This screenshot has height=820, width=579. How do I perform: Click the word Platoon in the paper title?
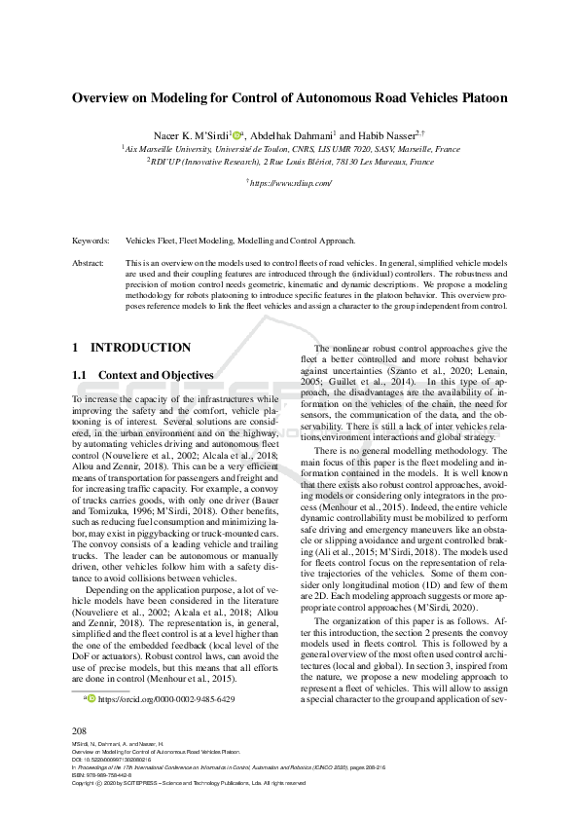(x=477, y=98)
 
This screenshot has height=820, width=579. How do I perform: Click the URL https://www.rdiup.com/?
(x=291, y=182)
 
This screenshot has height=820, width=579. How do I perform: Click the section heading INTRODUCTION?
(x=140, y=348)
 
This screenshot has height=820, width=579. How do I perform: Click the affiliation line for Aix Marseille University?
(x=291, y=149)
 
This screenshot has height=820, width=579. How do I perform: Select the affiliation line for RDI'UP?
(x=291, y=162)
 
